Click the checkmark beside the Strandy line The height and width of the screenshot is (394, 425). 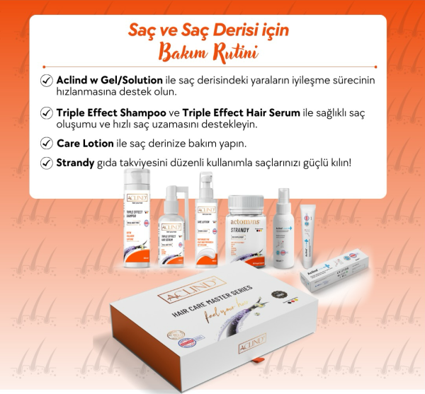point(47,163)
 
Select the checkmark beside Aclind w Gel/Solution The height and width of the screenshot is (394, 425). point(47,81)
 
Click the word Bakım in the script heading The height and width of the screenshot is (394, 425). point(184,53)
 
